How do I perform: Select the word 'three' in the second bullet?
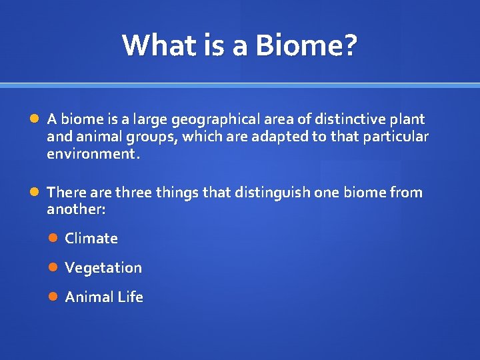coord(133,193)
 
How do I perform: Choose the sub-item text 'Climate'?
coord(91,239)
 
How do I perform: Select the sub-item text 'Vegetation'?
coord(103,268)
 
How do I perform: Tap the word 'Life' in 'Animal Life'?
coord(131,297)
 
